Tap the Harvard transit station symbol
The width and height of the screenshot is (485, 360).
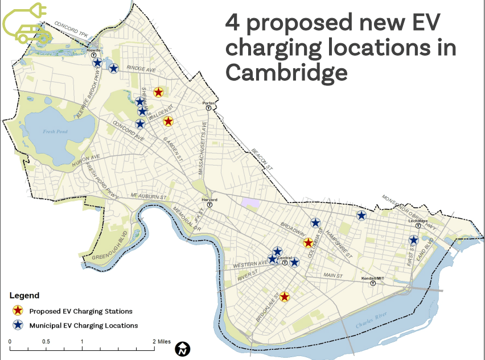[209, 205]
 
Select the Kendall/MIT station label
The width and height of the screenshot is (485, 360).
[373, 279]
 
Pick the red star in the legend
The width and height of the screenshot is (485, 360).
[18, 311]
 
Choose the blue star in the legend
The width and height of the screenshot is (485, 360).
[18, 325]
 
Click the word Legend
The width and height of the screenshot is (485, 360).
[24, 295]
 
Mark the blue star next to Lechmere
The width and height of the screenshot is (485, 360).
[414, 240]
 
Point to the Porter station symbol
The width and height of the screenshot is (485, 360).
[209, 107]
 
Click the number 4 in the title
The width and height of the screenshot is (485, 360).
[232, 22]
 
